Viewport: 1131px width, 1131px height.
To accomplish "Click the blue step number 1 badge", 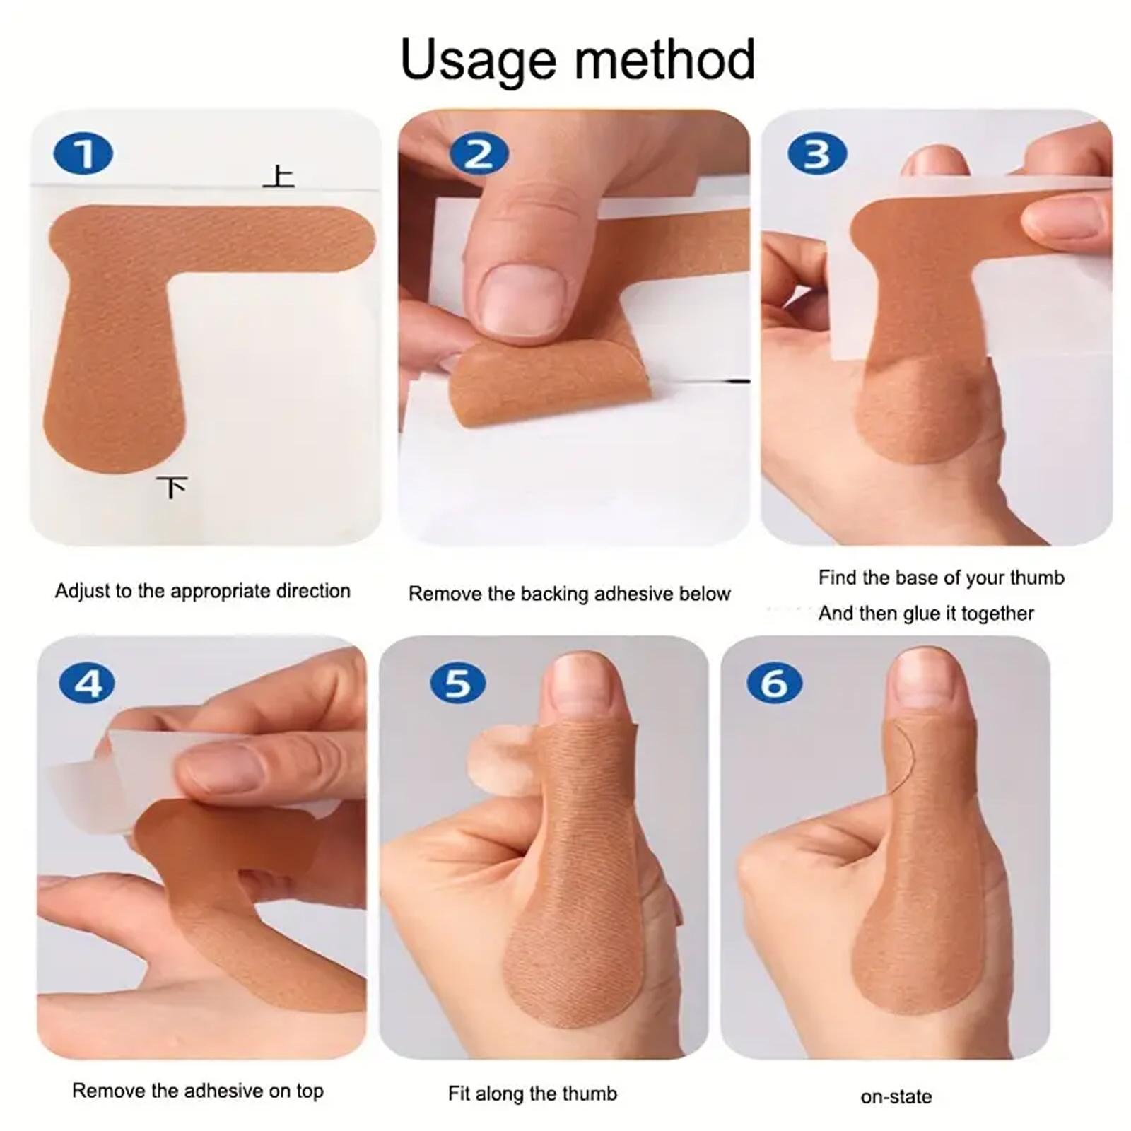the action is coord(83,154).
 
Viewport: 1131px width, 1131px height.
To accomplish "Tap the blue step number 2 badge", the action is coord(479,154).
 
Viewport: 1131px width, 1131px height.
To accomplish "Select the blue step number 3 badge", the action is coord(817,154).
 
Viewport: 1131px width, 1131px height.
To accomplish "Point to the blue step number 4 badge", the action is coord(88,684).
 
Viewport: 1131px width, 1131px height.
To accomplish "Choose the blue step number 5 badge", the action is coord(458,684).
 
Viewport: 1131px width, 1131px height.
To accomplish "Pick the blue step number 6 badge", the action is coord(775,684).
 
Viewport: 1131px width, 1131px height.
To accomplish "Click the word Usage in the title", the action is coord(479,62).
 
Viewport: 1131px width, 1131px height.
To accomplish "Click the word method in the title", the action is coord(665,59).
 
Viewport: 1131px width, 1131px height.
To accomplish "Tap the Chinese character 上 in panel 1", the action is coord(279,176).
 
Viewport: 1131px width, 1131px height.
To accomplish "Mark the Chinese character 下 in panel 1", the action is coord(172,487).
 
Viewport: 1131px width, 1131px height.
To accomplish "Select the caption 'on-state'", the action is coord(896,1097).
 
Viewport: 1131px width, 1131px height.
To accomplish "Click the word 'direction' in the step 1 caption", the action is coord(312,591).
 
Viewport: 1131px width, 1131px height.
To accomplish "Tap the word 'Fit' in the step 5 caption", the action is coord(459,1094).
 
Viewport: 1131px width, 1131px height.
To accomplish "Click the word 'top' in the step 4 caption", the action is coord(310,1091).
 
